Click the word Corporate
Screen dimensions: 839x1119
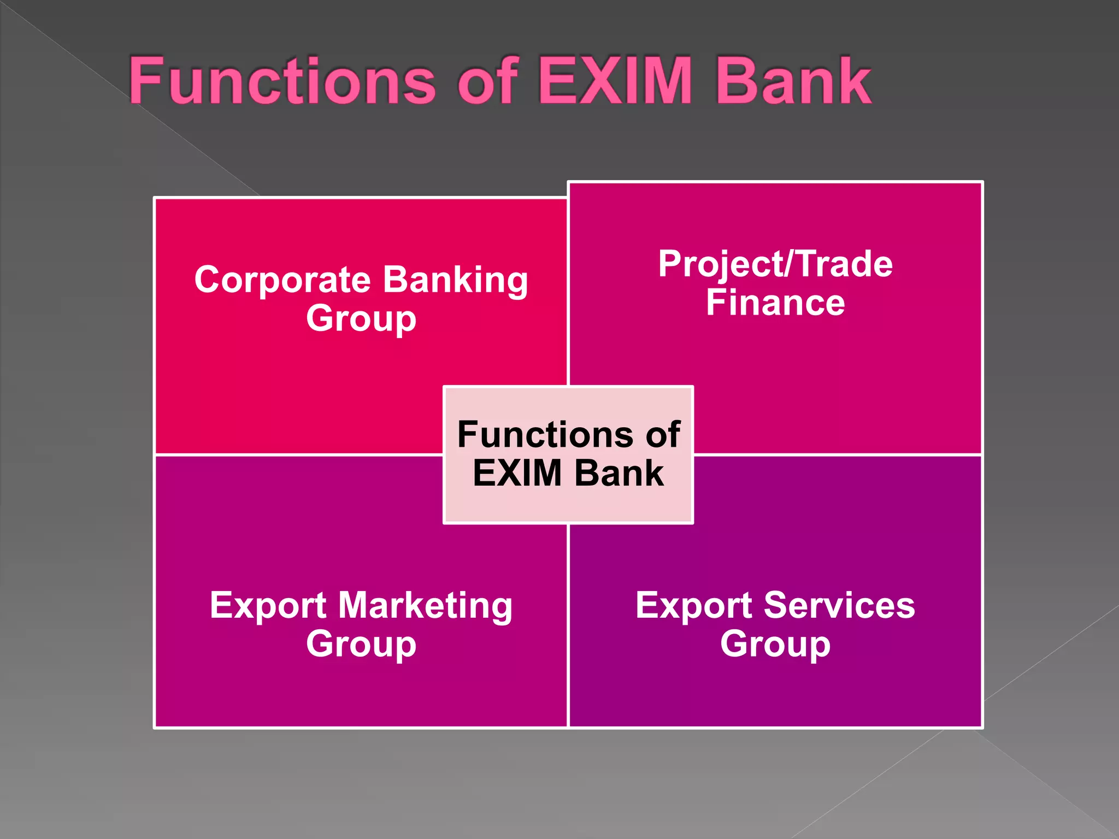pos(283,280)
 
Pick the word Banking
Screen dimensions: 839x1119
pos(455,280)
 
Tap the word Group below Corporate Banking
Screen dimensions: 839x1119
pos(361,318)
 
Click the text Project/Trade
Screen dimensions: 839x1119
pos(775,264)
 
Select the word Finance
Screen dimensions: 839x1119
pos(775,303)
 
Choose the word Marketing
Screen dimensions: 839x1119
pos(425,606)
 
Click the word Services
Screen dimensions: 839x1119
pos(839,606)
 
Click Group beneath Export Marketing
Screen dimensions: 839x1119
pos(361,645)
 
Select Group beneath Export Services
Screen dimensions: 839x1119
pos(775,645)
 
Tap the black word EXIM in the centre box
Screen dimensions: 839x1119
pos(517,473)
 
